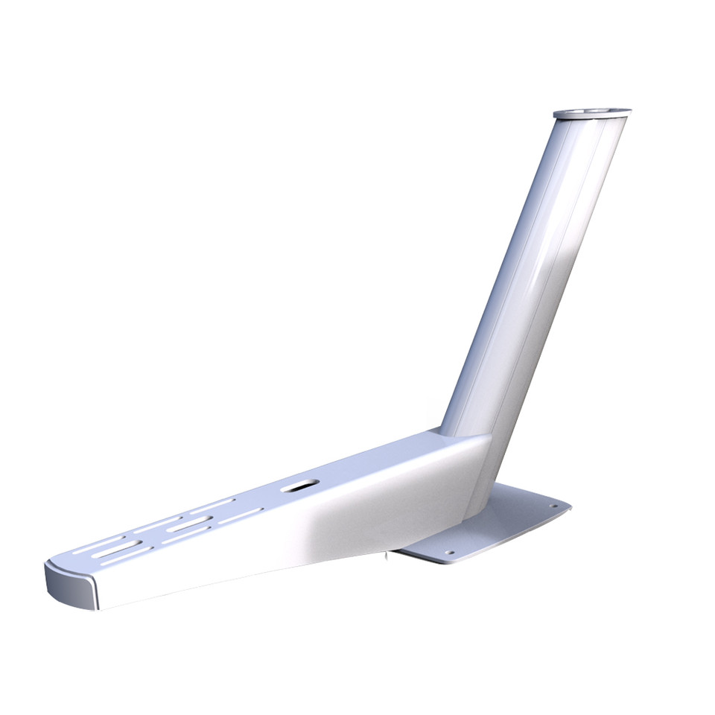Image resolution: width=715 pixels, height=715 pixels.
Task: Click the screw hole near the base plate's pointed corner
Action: click(553, 506)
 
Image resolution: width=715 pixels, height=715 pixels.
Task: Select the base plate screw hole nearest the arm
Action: click(449, 553)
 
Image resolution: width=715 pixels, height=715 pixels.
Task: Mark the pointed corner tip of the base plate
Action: click(570, 507)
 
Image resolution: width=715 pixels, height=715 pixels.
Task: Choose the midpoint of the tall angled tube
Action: click(533, 276)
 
